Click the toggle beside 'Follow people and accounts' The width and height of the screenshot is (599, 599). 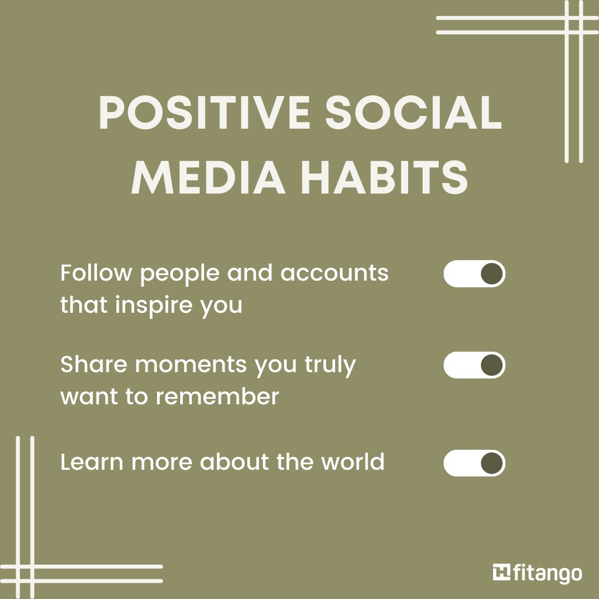tap(474, 273)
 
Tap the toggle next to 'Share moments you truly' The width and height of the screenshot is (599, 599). tap(474, 365)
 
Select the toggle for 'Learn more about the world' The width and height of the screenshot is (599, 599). tap(474, 463)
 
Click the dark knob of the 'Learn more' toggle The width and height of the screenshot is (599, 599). tap(491, 463)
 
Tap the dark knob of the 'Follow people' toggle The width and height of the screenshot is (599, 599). tap(491, 273)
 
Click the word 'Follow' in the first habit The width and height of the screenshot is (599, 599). tap(97, 273)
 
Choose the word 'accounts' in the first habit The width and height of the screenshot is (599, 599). tap(334, 273)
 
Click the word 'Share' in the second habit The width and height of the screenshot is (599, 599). tap(94, 364)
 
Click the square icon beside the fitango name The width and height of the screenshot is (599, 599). tap(501, 572)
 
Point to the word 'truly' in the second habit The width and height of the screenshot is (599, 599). tap(330, 366)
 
